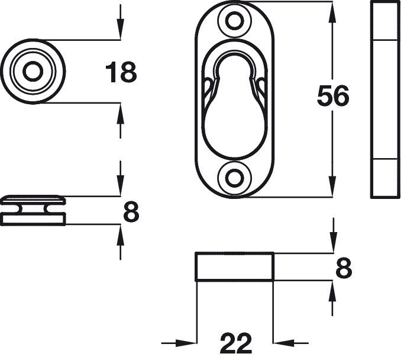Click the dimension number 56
333,97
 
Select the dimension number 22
236,343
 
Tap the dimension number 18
121,73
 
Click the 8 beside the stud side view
131,211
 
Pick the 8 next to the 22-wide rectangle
344,268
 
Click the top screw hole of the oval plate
235,21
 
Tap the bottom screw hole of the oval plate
235,177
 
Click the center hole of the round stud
33,72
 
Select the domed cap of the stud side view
33,198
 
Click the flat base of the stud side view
33,219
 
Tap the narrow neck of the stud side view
33,208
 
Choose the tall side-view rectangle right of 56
384,99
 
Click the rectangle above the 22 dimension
234,266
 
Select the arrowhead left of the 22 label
188,342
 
